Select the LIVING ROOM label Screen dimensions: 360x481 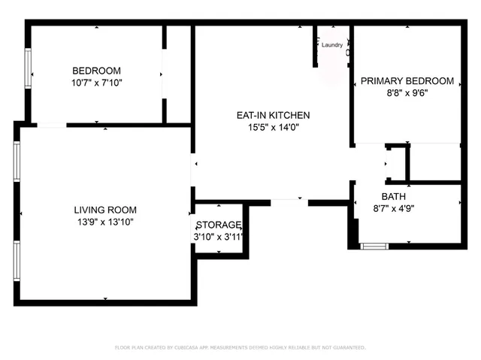105,210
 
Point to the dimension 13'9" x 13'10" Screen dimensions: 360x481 105,222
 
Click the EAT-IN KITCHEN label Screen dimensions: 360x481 273,116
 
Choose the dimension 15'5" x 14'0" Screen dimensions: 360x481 273,128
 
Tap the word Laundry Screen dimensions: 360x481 332,45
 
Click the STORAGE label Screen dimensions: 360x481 219,225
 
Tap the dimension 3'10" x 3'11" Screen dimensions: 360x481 219,237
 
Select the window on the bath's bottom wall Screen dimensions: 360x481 374,246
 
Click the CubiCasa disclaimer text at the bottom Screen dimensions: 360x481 240,347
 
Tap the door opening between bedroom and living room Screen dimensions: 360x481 52,125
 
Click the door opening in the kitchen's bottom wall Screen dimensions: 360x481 289,201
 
